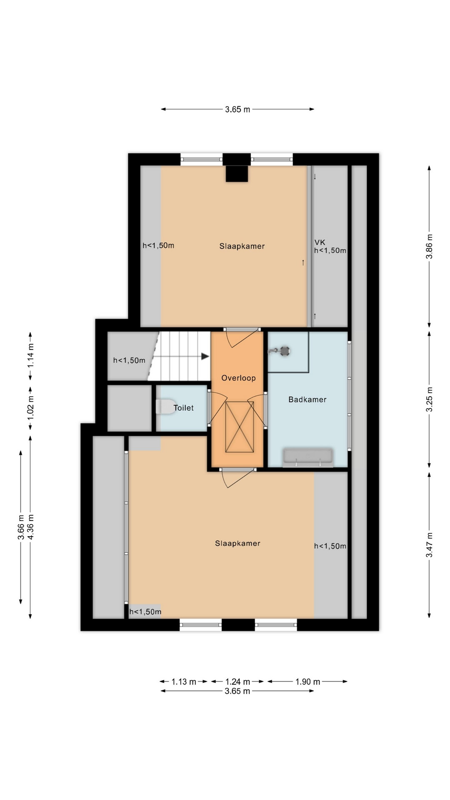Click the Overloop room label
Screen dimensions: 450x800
point(238,378)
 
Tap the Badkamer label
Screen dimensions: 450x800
point(307,400)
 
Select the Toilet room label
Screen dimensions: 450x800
point(184,408)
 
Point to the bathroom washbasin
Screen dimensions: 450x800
point(308,456)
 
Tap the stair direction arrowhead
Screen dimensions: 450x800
point(205,356)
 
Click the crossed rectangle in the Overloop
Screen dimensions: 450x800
point(239,427)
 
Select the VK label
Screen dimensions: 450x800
point(320,242)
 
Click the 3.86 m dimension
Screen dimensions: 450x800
point(429,246)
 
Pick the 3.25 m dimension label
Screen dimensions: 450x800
point(429,400)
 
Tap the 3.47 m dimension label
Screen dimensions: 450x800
point(429,545)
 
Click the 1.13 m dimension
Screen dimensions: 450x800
point(184,682)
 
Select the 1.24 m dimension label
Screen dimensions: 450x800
point(237,682)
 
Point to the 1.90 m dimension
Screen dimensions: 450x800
point(307,682)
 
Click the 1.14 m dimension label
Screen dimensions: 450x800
point(30,356)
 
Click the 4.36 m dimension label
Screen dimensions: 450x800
point(30,527)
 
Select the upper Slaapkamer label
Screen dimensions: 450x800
point(242,246)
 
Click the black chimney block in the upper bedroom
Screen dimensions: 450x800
point(237,173)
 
